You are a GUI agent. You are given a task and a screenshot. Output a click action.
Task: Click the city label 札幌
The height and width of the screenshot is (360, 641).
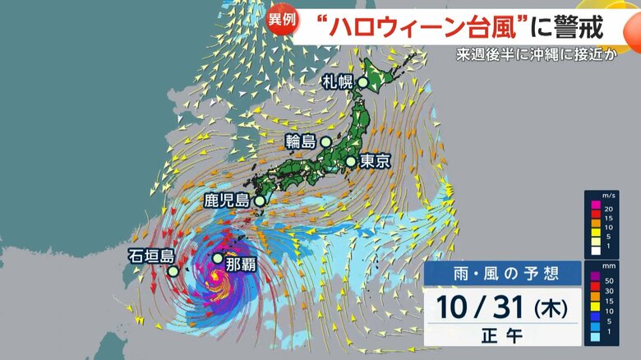point(338,82)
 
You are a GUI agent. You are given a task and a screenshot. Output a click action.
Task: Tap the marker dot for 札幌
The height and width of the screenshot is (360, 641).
point(362,82)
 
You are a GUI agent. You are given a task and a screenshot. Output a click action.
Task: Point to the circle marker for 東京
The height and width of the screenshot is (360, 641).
point(351,162)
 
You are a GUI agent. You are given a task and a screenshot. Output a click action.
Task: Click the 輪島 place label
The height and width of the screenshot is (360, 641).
point(301,141)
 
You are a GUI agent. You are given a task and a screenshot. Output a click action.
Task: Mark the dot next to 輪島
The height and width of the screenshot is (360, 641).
point(326,141)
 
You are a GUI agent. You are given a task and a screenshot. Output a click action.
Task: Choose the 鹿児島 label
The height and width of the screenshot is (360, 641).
point(227,200)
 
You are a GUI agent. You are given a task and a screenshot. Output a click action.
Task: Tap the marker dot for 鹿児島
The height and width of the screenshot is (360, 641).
point(260,201)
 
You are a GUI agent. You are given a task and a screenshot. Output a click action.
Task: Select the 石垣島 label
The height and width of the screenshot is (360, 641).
point(148,256)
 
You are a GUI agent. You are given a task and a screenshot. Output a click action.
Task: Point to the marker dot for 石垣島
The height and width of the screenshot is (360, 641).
point(173,271)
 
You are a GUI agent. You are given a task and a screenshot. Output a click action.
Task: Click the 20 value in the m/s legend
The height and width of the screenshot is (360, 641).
point(607,210)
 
